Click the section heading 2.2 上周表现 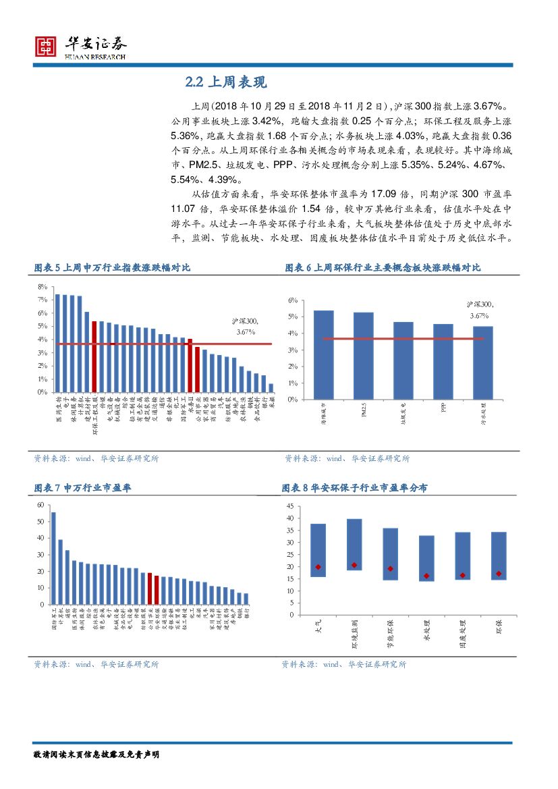[226, 82]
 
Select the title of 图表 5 [112, 268]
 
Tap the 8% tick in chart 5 [42, 286]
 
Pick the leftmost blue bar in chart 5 [58, 343]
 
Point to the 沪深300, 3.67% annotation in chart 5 [245, 327]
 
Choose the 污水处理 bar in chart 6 [482, 362]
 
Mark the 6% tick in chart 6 [293, 300]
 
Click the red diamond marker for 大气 [318, 567]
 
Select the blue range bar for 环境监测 [354, 545]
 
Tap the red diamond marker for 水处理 [426, 576]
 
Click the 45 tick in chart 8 [291, 506]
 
